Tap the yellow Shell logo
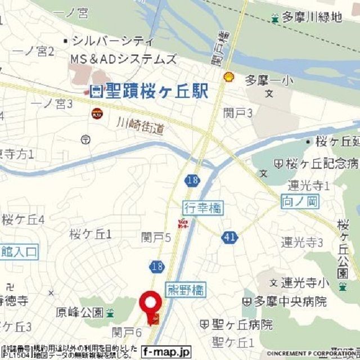(x=228, y=77)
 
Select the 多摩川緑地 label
(x=313, y=17)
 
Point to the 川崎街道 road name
(x=141, y=125)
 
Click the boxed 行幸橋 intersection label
(x=202, y=208)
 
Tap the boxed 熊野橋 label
(x=186, y=290)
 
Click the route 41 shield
(x=229, y=237)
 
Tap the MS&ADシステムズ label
(x=123, y=59)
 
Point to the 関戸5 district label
(x=156, y=237)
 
